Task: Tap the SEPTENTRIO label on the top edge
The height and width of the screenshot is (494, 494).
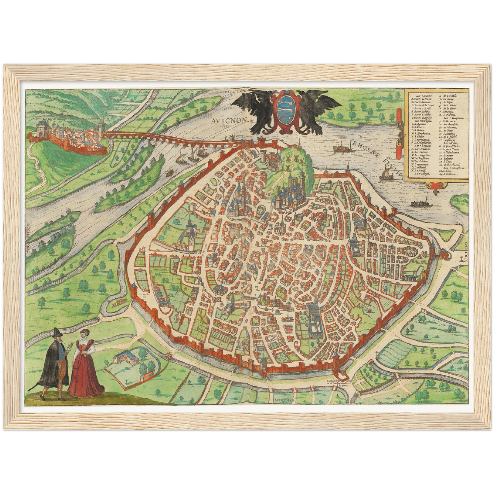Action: [233, 91]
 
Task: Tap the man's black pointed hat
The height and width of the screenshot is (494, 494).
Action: [56, 332]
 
